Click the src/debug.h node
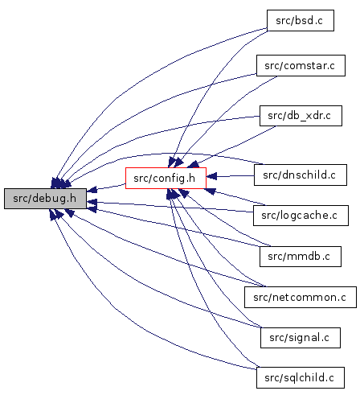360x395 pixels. pos(45,199)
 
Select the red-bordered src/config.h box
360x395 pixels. pos(166,178)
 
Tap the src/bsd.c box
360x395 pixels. pos(301,21)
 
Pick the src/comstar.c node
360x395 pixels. pos(301,66)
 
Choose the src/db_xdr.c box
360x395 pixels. pos(301,116)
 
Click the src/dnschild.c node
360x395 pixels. pos(301,175)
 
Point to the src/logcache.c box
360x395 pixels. pos(301,216)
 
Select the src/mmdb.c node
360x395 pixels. pos(301,257)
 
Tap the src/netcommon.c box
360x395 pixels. pos(301,297)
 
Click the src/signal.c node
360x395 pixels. pos(301,338)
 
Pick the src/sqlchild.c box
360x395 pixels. pos(301,377)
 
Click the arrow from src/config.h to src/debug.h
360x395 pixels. pos(106,187)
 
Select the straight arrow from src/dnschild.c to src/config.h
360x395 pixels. pos(230,176)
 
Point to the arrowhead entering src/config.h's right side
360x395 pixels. pos(211,176)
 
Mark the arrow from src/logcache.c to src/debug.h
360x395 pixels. pos(170,206)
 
